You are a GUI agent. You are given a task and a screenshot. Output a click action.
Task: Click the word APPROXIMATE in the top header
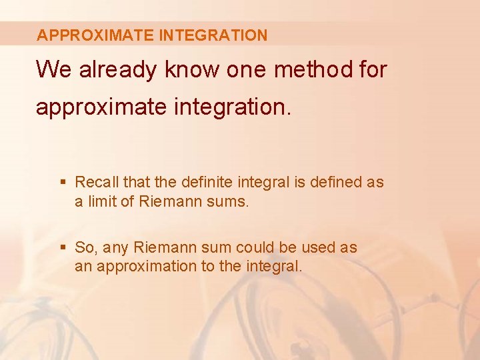(96, 35)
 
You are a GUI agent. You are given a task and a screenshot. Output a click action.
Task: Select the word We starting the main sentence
(54, 69)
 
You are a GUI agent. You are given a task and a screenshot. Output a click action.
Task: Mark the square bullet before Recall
(63, 182)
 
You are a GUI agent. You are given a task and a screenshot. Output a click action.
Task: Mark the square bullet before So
(63, 248)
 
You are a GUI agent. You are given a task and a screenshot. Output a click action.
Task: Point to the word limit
(101, 201)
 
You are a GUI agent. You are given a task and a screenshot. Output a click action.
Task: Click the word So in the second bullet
(84, 248)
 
